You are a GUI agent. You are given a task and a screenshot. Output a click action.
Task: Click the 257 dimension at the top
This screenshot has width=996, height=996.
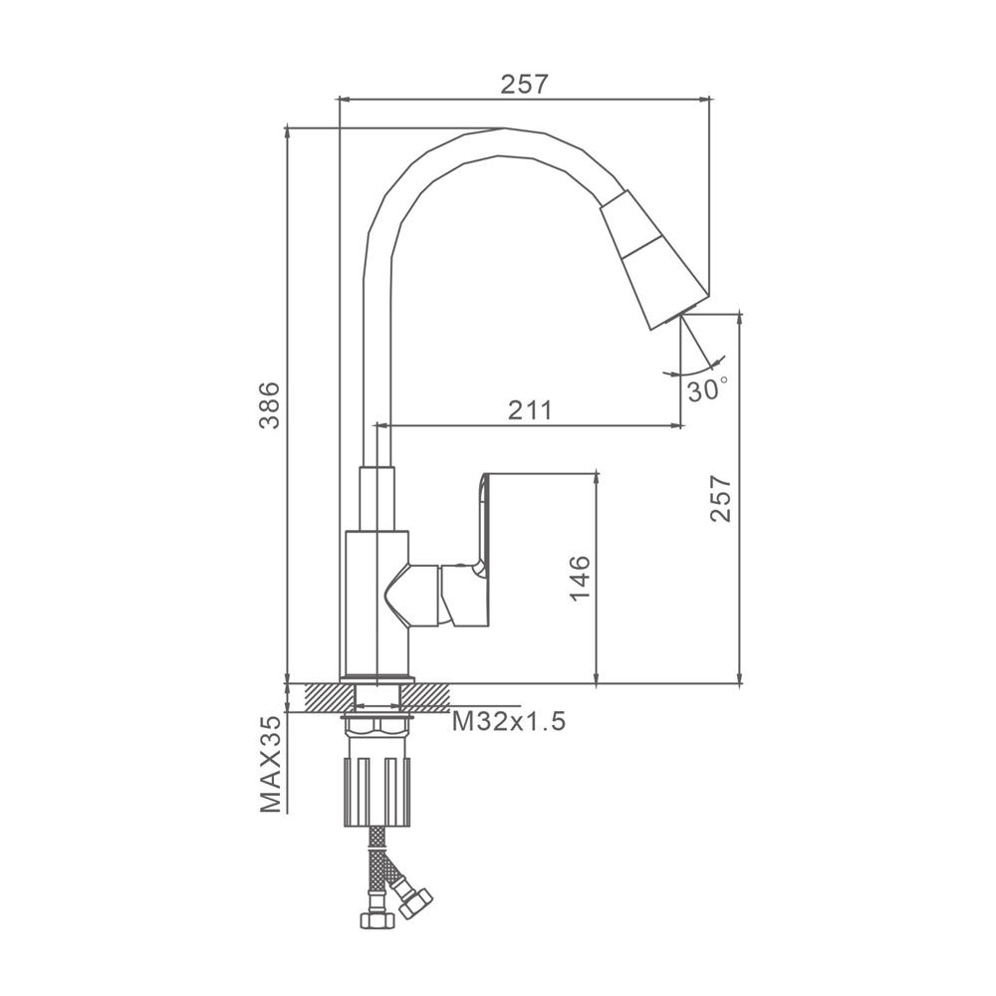click(x=524, y=84)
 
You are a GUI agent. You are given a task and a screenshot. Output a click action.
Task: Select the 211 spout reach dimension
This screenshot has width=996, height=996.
click(x=531, y=410)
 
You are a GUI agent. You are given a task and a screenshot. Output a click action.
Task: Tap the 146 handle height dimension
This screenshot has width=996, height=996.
click(x=580, y=578)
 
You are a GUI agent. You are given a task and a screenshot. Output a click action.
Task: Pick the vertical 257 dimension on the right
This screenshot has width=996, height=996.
click(x=721, y=498)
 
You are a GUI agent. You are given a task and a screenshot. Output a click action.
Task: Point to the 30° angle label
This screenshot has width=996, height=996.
click(x=707, y=389)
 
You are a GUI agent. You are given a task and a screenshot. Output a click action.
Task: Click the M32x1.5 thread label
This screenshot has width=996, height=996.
click(x=508, y=721)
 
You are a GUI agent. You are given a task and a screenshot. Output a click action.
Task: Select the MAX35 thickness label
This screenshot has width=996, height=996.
click(x=271, y=764)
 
